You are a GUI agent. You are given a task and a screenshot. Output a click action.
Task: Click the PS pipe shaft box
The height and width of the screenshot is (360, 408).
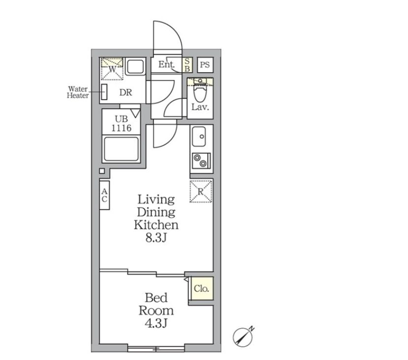point(205,65)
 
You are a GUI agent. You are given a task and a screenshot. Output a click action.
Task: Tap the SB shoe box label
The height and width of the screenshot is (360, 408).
point(187,65)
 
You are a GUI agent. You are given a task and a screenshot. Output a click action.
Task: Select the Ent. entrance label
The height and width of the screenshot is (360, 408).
point(166,64)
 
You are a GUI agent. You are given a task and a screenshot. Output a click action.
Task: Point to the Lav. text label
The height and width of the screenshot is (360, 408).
point(200,107)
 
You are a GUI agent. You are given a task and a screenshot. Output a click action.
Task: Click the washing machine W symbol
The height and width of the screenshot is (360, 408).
point(112,69)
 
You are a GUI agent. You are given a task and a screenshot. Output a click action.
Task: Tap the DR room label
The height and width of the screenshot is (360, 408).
point(126,92)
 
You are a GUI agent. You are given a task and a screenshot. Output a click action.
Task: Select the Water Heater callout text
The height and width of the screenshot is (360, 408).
point(78,92)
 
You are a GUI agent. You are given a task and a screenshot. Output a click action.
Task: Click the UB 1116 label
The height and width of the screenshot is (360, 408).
point(121,123)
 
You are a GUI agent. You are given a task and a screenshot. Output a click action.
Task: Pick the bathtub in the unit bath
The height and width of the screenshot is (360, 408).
point(121,149)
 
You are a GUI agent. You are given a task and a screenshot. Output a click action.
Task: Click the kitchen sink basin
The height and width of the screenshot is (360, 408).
point(199,137)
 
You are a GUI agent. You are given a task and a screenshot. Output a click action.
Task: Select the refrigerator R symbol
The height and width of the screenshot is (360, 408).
point(201,192)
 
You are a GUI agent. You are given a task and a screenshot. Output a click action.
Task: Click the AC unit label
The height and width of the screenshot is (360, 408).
point(105,195)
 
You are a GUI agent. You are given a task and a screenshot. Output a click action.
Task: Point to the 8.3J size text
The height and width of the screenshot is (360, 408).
point(156,238)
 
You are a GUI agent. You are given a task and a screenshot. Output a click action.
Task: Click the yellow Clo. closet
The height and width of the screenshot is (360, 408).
point(201,288)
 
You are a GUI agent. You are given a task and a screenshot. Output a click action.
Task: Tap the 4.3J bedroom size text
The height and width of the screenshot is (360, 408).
point(156,323)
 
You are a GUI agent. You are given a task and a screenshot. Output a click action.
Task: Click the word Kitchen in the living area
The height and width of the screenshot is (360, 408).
point(156,225)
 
